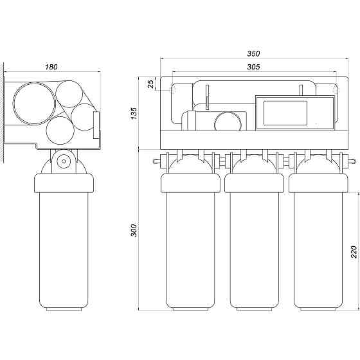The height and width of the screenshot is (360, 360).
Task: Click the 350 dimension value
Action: click(x=253, y=53)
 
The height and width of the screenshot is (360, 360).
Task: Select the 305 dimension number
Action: click(x=253, y=67)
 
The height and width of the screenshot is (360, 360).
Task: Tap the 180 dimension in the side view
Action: click(x=51, y=67)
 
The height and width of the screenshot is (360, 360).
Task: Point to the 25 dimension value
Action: click(x=151, y=84)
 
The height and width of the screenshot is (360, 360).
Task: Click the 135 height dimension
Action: click(x=134, y=113)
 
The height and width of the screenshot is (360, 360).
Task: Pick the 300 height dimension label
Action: click(x=134, y=230)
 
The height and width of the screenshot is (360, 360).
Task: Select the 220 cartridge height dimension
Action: click(x=354, y=252)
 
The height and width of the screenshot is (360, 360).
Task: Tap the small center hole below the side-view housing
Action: click(x=64, y=161)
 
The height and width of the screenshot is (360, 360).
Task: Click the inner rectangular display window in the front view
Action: click(x=285, y=113)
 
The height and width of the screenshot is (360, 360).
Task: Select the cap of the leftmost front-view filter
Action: click(x=190, y=183)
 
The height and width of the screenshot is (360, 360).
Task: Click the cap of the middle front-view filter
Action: click(x=254, y=183)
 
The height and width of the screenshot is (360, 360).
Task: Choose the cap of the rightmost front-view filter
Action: click(x=318, y=183)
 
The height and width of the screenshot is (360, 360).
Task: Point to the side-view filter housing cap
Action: click(x=64, y=183)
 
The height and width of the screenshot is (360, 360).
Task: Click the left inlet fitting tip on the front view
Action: click(x=154, y=161)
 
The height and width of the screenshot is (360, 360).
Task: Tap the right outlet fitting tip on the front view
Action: click(x=354, y=161)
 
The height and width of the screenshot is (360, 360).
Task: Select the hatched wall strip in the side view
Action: click(x=2, y=113)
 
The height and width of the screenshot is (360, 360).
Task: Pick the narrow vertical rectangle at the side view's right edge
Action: click(x=96, y=125)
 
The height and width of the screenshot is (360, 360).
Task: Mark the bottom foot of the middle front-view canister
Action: click(x=254, y=309)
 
